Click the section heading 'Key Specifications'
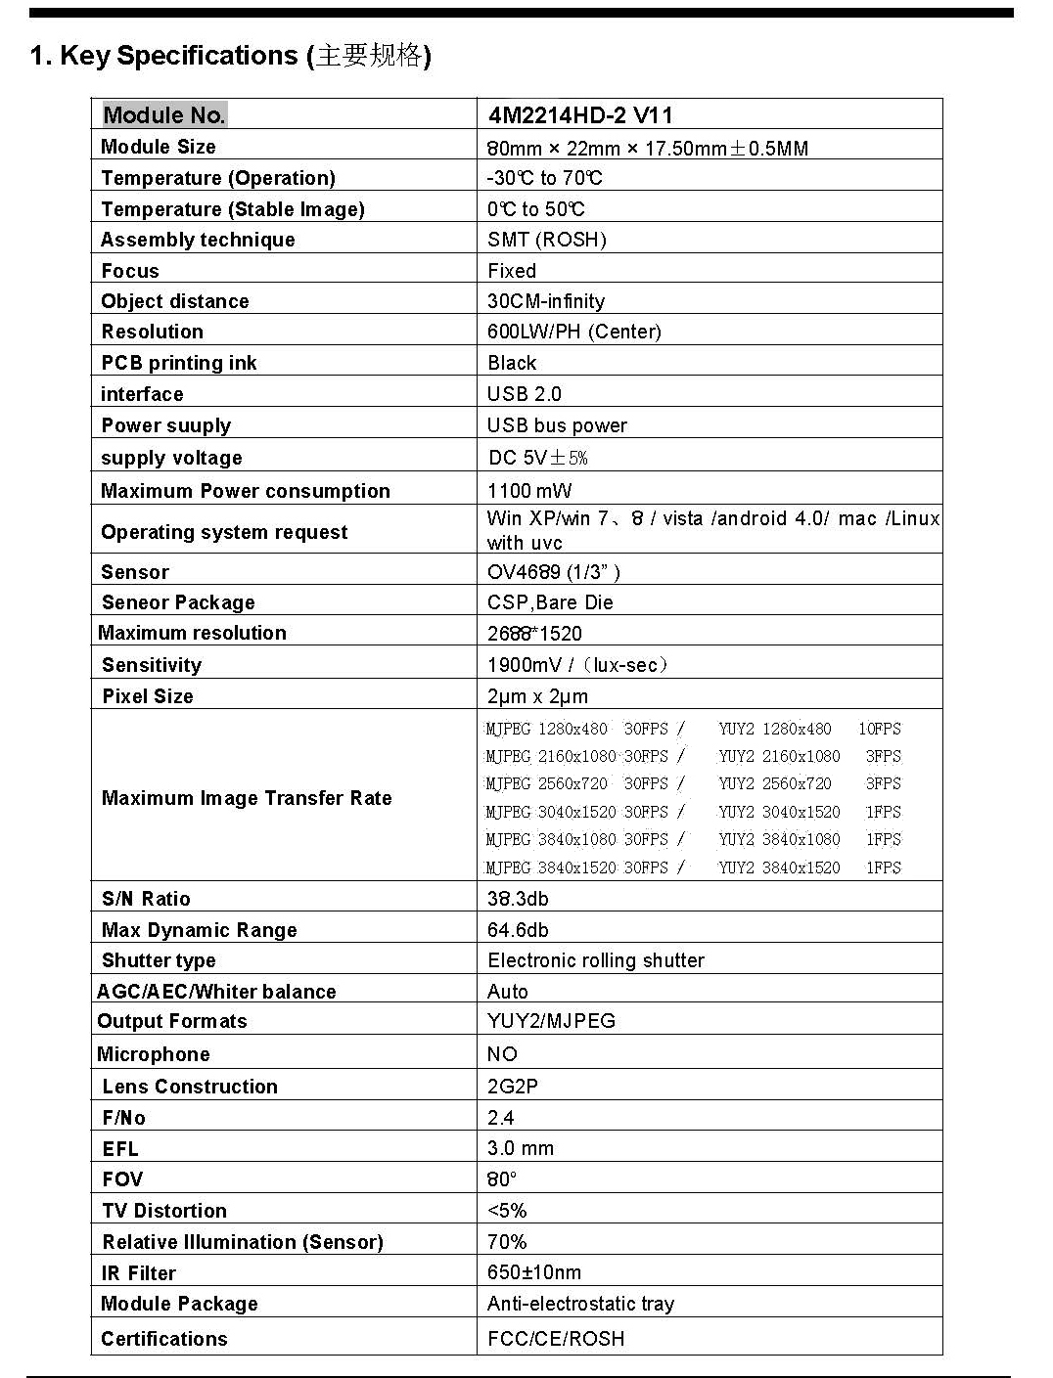(178, 56)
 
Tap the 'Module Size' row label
(159, 147)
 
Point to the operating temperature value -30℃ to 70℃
(544, 178)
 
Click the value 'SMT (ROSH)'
(547, 240)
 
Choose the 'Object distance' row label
(175, 301)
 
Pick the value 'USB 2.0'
(525, 394)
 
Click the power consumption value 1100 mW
(529, 491)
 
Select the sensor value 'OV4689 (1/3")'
(554, 572)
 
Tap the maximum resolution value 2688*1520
(534, 633)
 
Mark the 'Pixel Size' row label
(148, 696)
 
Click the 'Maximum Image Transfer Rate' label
(247, 798)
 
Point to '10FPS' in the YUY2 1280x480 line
(880, 729)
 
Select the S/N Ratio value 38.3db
(518, 899)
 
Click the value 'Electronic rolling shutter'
(596, 960)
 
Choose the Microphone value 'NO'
(502, 1054)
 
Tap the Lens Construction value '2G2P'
(513, 1087)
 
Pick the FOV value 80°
(502, 1179)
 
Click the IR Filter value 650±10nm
(534, 1272)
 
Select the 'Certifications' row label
(164, 1339)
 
